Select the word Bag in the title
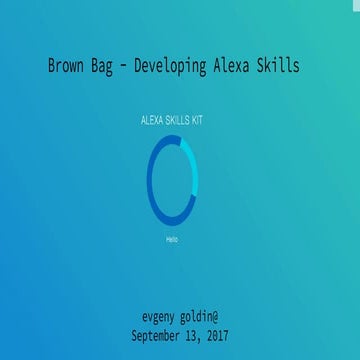coord(113,66)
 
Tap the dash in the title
coord(140,67)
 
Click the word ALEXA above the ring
coord(153,120)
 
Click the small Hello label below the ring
coord(172,240)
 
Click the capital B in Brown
coord(52,66)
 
